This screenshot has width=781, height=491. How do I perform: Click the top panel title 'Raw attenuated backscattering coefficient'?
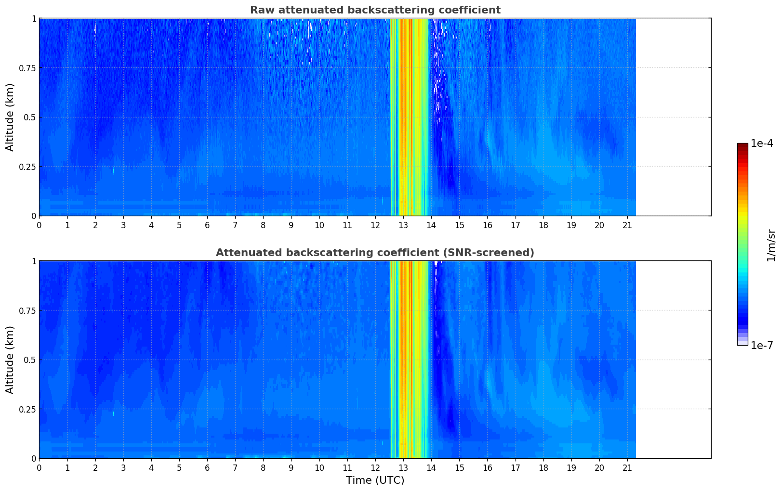(x=375, y=10)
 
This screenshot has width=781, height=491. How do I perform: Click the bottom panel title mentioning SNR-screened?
(x=375, y=253)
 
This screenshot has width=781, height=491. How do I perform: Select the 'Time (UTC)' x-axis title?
(x=375, y=480)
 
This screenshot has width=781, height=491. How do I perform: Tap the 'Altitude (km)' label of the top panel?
(x=10, y=117)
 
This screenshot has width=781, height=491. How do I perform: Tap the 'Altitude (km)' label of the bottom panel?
(x=10, y=360)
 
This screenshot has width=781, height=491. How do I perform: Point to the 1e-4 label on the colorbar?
(x=762, y=143)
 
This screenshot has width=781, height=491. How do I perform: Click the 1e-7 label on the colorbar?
(x=762, y=345)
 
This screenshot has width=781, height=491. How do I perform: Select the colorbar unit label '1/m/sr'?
(x=771, y=245)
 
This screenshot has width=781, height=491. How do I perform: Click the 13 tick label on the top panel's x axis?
(x=403, y=225)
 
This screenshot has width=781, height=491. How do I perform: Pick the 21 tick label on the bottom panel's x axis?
(x=627, y=468)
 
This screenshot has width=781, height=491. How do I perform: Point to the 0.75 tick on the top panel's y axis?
(x=27, y=68)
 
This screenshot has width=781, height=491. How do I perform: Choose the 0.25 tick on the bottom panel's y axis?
(x=27, y=409)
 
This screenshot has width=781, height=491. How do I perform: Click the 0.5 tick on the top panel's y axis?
(x=30, y=117)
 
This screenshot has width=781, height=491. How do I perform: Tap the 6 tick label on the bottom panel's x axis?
(x=207, y=468)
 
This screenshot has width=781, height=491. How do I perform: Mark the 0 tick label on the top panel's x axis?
(x=40, y=225)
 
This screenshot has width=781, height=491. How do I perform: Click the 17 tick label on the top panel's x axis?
(x=515, y=225)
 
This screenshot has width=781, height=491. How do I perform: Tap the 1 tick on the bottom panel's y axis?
(x=34, y=261)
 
